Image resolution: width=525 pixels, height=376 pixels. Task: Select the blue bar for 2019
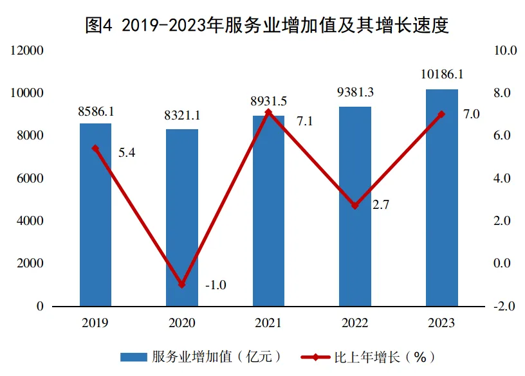tap(95, 219)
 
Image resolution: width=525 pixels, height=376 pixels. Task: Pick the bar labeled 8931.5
tap(268, 212)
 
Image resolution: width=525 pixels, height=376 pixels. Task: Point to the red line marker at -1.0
tap(182, 284)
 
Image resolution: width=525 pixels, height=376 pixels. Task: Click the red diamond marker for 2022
tap(355, 206)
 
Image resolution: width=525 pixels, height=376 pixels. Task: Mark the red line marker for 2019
tap(95, 148)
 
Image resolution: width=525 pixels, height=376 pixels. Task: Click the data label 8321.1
tap(182, 116)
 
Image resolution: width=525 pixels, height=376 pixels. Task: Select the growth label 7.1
tap(304, 121)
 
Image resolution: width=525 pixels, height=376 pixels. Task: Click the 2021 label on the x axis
tap(268, 323)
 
